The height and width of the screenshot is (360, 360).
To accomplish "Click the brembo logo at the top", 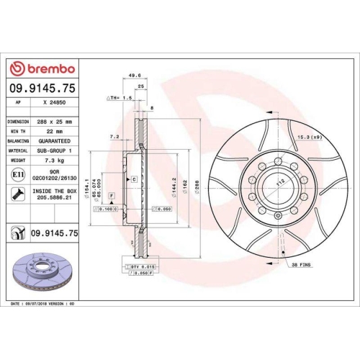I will (x=41, y=68).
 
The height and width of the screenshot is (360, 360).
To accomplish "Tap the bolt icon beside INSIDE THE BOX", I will (x=17, y=194).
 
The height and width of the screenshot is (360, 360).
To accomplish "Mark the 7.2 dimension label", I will (x=113, y=135).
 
